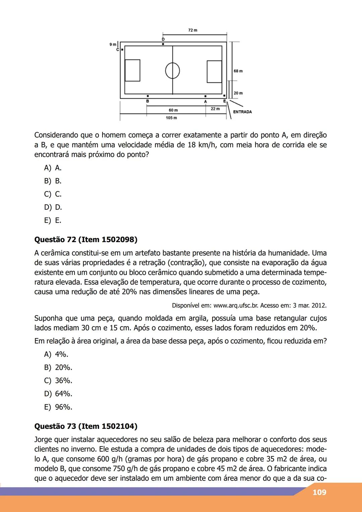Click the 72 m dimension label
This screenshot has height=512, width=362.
tap(193, 30)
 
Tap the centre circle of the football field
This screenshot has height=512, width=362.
tap(173, 70)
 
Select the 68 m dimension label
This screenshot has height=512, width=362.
tap(238, 71)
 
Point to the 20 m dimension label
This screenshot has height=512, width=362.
tap(238, 93)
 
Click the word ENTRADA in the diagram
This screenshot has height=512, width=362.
tap(242, 112)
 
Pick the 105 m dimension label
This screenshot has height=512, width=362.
tap(171, 118)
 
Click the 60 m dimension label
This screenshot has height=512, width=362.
tap(173, 110)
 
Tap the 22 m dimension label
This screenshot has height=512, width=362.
tap(215, 109)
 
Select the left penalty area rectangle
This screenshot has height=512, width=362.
tap(132, 70)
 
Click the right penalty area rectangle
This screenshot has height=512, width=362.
tap(214, 71)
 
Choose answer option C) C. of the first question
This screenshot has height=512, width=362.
tap(53, 194)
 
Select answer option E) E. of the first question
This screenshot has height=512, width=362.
tap(53, 220)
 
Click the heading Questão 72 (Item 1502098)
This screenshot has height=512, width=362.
tap(86, 240)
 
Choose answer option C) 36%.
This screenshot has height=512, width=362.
tap(58, 381)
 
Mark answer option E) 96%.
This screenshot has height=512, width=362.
tap(58, 407)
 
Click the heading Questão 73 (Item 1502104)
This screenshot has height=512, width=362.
tap(86, 426)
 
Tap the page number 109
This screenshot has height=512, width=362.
tap(319, 492)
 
